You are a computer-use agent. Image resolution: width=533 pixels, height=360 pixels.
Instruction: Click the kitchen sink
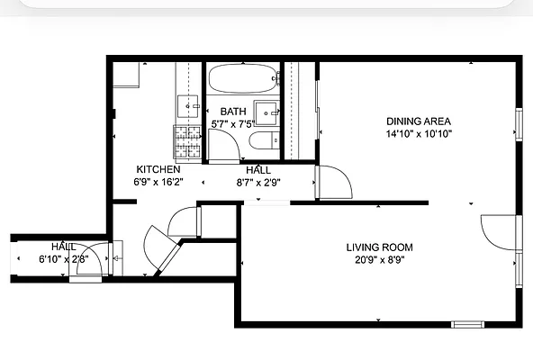188,105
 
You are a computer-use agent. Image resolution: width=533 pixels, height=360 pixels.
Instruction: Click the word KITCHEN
158,169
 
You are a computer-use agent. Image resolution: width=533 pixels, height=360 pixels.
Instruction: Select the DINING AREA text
418,121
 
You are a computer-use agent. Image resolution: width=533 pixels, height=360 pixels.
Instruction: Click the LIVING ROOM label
379,247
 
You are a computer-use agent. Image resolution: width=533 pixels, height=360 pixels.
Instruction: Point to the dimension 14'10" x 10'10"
418,134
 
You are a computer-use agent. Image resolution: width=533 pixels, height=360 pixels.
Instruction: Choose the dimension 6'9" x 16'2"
158,182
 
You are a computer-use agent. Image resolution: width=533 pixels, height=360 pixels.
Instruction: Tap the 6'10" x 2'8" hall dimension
63,259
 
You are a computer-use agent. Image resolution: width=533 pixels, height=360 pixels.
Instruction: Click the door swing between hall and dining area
329,183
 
